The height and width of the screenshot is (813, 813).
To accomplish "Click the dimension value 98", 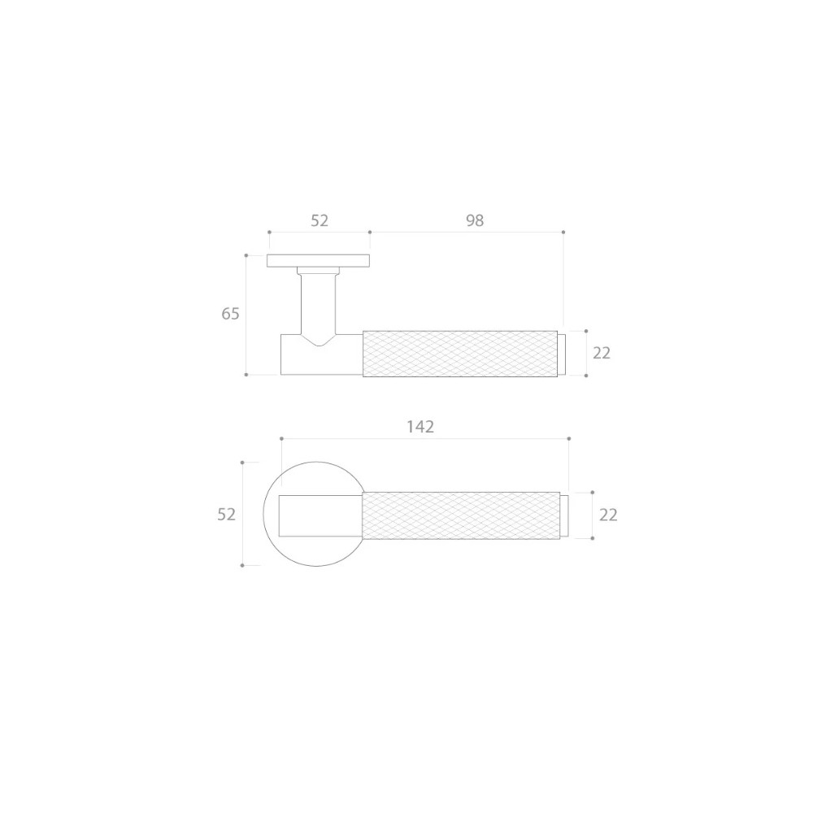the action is click(x=475, y=220).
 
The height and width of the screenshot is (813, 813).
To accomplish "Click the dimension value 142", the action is click(x=420, y=427).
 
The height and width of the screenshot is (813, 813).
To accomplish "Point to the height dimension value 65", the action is click(x=230, y=314).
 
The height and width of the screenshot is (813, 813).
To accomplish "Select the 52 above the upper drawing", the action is click(x=320, y=220).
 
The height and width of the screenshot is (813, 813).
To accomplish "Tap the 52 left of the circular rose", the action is click(x=227, y=515).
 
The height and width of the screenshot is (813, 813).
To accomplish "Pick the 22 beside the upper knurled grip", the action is click(x=602, y=353).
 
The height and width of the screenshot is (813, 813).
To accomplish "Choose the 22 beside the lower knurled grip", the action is click(x=608, y=515).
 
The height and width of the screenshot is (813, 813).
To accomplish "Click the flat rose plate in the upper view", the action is click(x=319, y=261).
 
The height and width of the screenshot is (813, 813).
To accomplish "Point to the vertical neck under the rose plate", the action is click(x=319, y=303).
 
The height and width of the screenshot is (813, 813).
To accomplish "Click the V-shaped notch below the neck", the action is click(x=319, y=340).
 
